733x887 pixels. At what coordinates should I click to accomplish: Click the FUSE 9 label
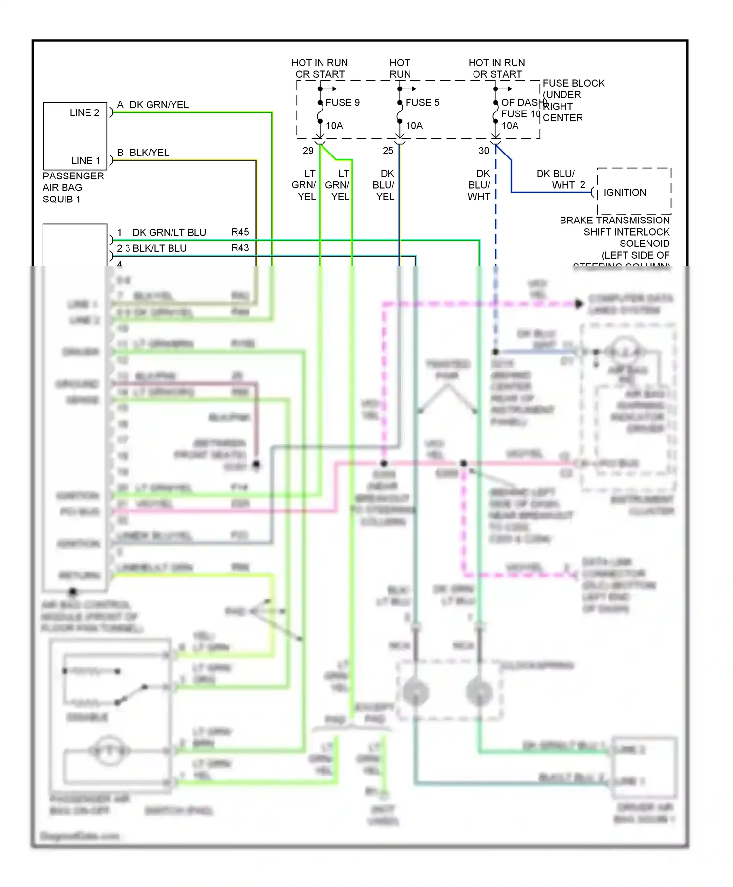(342, 102)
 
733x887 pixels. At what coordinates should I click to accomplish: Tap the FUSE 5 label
(422, 102)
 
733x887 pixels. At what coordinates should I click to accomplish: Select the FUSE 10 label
(520, 114)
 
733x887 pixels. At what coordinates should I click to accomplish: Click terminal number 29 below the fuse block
(308, 151)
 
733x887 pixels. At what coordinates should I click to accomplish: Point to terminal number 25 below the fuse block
(388, 151)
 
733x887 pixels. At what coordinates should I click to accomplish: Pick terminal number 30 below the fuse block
(484, 151)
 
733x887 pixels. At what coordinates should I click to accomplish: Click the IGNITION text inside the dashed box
(625, 193)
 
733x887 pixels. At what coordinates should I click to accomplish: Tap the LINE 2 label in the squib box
(84, 113)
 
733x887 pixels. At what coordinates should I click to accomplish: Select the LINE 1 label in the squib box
(86, 161)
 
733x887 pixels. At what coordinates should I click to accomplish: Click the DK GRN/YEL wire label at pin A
(159, 105)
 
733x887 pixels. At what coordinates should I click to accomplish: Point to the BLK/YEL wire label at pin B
(149, 153)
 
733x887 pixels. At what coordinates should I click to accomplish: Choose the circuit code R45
(240, 232)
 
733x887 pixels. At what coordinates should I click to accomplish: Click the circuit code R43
(240, 248)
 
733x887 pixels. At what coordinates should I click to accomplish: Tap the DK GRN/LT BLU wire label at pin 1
(169, 232)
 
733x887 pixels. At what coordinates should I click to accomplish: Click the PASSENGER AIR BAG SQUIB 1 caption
(73, 188)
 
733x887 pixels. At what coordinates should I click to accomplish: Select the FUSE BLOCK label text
(573, 83)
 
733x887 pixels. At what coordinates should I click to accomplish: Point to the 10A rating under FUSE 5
(414, 126)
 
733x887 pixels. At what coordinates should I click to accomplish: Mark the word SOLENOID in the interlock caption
(644, 244)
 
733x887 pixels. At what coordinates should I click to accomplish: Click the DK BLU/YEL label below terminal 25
(384, 185)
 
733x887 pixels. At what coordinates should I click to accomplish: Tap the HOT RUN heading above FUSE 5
(400, 68)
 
